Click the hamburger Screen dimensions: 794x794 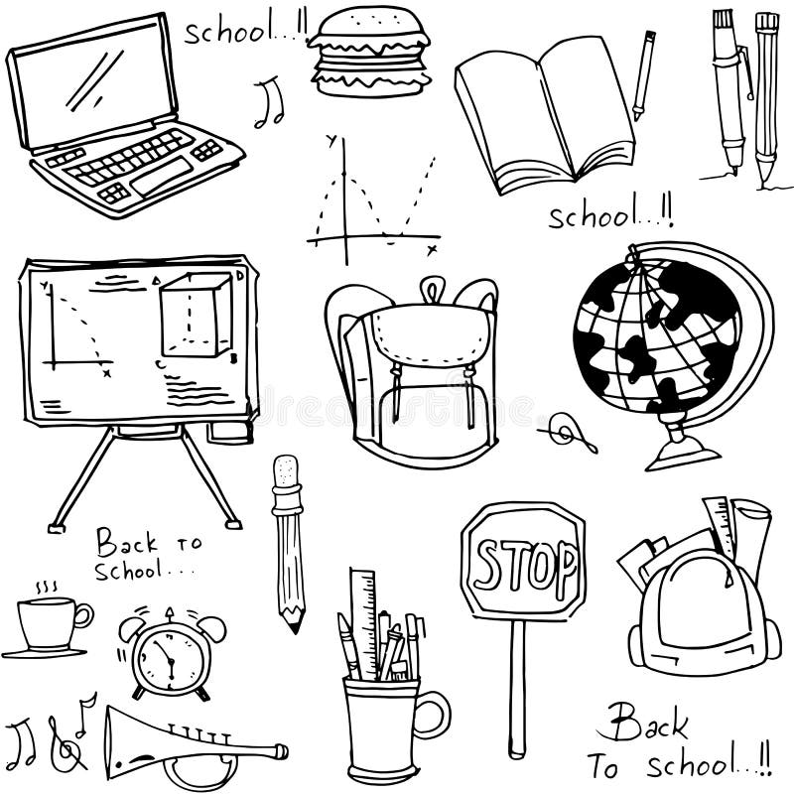point(368,52)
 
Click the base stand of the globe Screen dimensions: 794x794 point(683,454)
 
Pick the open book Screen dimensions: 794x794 point(541,114)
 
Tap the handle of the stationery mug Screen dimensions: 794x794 point(433,715)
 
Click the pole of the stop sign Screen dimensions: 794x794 point(516,685)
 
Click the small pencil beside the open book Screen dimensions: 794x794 point(644,74)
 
